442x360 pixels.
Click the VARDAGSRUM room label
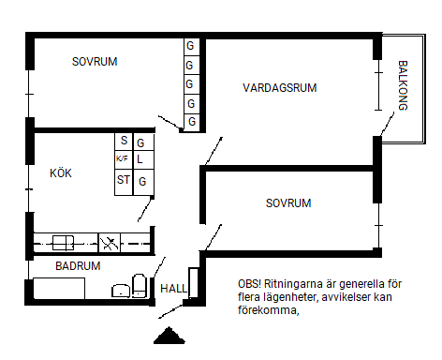click(280, 88)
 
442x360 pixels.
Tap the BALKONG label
click(403, 85)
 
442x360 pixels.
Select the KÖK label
click(61, 172)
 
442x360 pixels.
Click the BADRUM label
click(78, 266)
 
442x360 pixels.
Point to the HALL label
click(173, 289)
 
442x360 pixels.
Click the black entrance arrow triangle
click(169, 336)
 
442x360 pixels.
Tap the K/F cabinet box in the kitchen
click(124, 160)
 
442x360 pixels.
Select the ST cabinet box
click(124, 183)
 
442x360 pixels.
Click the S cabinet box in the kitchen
click(124, 142)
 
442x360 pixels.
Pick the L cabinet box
click(143, 159)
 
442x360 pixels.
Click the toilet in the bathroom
click(140, 286)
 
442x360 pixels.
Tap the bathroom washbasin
click(121, 291)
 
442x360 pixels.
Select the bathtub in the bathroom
click(59, 288)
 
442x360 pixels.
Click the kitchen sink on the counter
click(64, 243)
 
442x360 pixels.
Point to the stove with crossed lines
click(110, 243)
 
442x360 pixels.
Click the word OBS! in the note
click(249, 284)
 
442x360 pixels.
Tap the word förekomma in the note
click(268, 310)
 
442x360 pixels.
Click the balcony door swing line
click(388, 124)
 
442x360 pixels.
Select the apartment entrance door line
click(170, 311)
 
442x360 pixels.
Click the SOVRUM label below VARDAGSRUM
click(288, 203)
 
